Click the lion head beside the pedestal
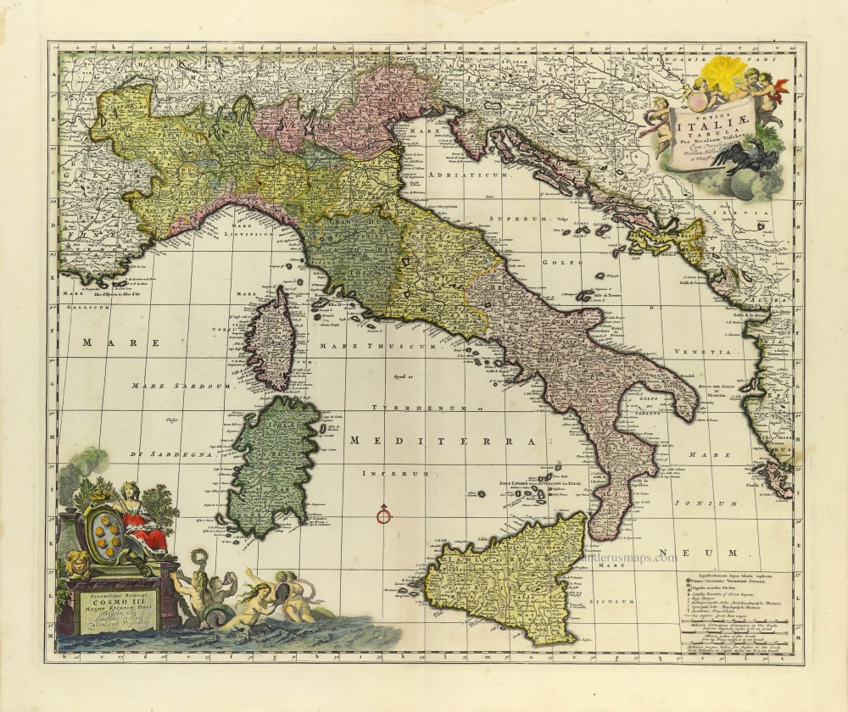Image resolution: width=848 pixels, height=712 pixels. pyautogui.click(x=77, y=560)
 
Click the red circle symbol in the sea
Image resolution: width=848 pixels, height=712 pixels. pyautogui.click(x=383, y=514)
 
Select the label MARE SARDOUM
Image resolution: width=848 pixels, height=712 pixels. pyautogui.click(x=180, y=386)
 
